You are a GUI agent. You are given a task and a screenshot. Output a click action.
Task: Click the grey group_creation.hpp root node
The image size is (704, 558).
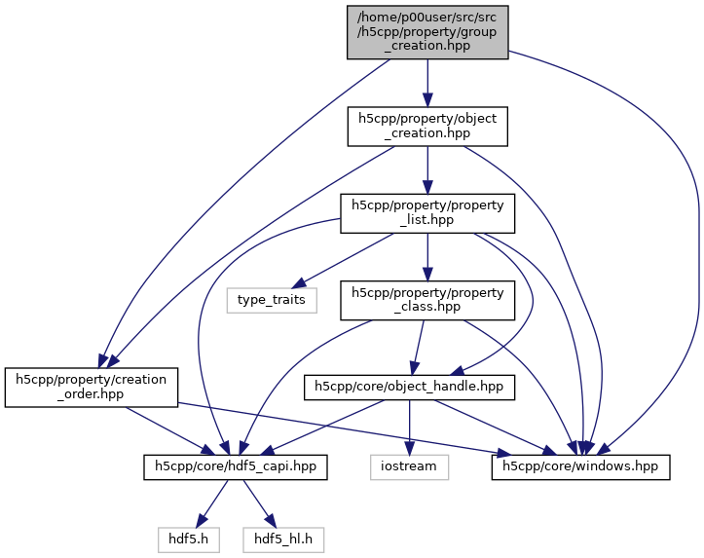[x=426, y=30]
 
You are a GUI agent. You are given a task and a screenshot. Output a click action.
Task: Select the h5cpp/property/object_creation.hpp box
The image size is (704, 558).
[x=427, y=128]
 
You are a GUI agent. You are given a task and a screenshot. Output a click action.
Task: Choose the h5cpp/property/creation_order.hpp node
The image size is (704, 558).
[x=92, y=388]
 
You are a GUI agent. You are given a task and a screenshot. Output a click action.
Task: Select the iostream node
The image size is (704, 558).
[x=410, y=467]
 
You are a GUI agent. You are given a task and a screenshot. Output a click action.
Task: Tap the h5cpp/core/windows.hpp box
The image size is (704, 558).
[x=580, y=467]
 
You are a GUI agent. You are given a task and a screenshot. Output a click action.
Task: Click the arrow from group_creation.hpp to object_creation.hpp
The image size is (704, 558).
[x=426, y=83]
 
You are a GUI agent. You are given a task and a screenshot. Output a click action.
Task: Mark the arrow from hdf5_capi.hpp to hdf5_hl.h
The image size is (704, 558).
[x=254, y=502]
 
